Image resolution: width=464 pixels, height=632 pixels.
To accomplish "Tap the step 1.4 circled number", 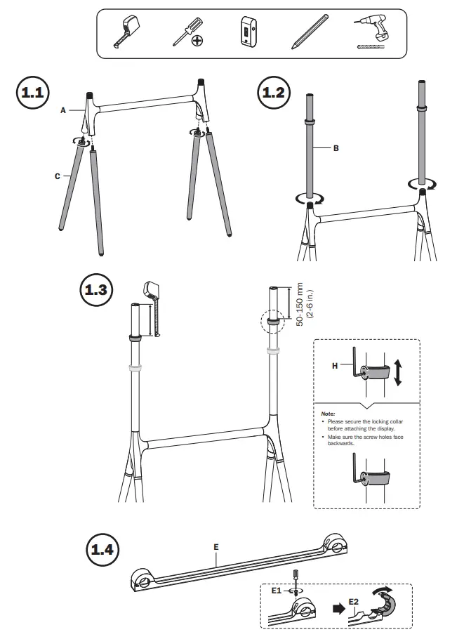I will click(x=102, y=547).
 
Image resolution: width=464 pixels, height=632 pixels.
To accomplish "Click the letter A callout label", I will click(x=63, y=110).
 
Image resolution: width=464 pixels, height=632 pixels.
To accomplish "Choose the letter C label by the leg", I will click(x=58, y=176).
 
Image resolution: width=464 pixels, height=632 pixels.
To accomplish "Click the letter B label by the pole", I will click(x=336, y=148).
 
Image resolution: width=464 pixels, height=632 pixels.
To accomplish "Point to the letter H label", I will click(x=336, y=366).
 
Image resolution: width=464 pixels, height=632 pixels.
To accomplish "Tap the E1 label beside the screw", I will click(x=277, y=591).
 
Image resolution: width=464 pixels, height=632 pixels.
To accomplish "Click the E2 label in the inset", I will click(x=353, y=602).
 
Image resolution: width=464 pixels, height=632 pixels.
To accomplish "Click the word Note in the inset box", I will click(x=329, y=414).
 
